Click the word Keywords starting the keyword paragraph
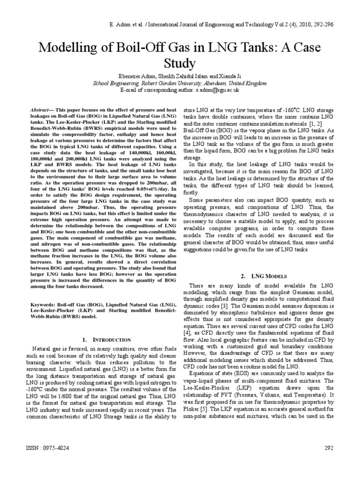(x=39, y=305)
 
